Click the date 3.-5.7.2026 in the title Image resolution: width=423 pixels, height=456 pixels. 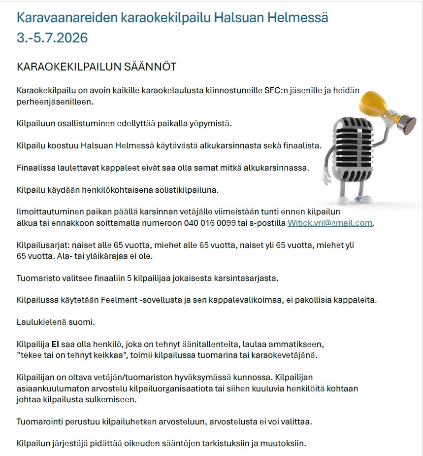(52, 38)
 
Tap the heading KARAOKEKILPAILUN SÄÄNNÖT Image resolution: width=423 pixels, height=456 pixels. (97, 67)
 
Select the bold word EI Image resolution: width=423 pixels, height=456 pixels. (55, 344)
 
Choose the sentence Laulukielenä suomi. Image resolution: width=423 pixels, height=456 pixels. (56, 322)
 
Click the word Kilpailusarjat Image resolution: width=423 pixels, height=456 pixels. (42, 245)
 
